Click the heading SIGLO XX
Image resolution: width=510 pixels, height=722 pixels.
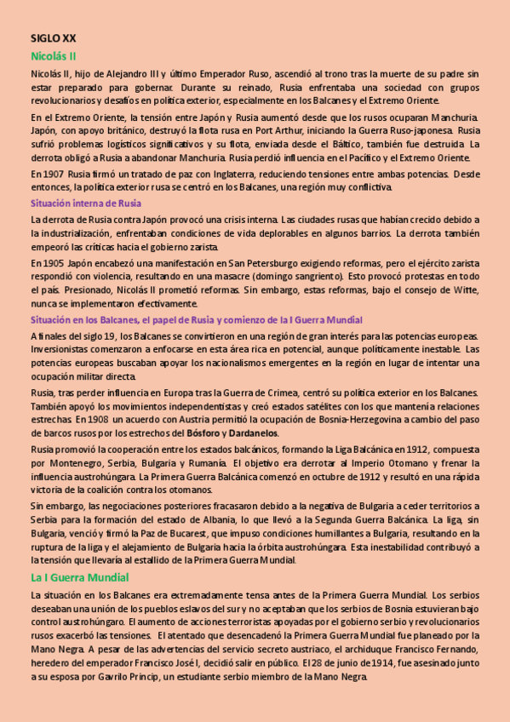(x=53, y=38)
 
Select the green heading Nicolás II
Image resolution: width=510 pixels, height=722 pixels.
(x=54, y=55)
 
